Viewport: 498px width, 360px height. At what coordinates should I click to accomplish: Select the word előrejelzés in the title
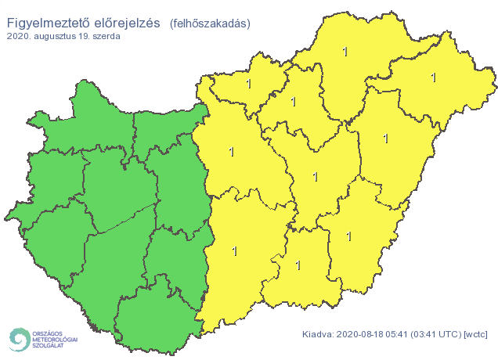coord(125,24)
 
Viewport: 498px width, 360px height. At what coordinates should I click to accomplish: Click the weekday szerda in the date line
coord(105,37)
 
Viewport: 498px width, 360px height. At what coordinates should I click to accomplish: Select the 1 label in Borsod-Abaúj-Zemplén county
coord(345,52)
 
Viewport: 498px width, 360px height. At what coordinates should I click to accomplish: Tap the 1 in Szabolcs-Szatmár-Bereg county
coord(433,77)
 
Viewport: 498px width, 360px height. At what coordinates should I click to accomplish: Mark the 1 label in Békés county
coord(348,236)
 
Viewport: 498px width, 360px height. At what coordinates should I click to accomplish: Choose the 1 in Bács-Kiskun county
coord(234,251)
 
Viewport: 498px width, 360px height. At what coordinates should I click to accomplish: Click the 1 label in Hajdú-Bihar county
coord(384,139)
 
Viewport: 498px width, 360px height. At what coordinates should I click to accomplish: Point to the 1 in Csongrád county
coord(298,265)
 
